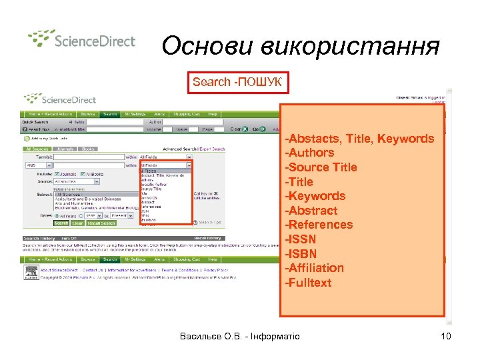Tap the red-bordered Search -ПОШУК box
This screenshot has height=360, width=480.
pos(238,82)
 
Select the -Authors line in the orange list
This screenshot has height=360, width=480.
pos(310,153)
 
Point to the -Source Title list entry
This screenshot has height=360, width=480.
pos(321,167)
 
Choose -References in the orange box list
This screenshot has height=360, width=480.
pos(319,225)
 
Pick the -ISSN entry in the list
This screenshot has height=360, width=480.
pos(301,239)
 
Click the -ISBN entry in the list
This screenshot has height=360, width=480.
pos(301,253)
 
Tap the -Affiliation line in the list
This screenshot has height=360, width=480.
pos(315,268)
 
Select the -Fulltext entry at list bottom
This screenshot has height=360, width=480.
pos(308,283)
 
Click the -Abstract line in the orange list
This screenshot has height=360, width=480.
pos(311,211)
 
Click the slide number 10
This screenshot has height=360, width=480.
pos(446,336)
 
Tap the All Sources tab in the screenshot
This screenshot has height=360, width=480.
pos(37,149)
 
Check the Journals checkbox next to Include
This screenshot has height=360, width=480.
pos(58,173)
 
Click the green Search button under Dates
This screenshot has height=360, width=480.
pos(61,223)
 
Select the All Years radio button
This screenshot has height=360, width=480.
pos(57,216)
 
